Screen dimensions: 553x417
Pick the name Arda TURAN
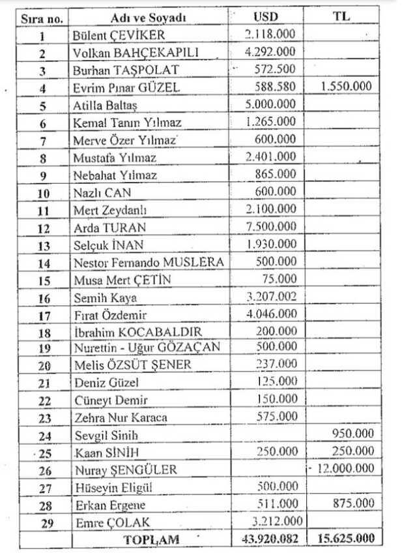pos(109,228)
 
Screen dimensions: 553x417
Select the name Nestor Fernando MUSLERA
pos(149,263)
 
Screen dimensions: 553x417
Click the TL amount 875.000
pos(355,504)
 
